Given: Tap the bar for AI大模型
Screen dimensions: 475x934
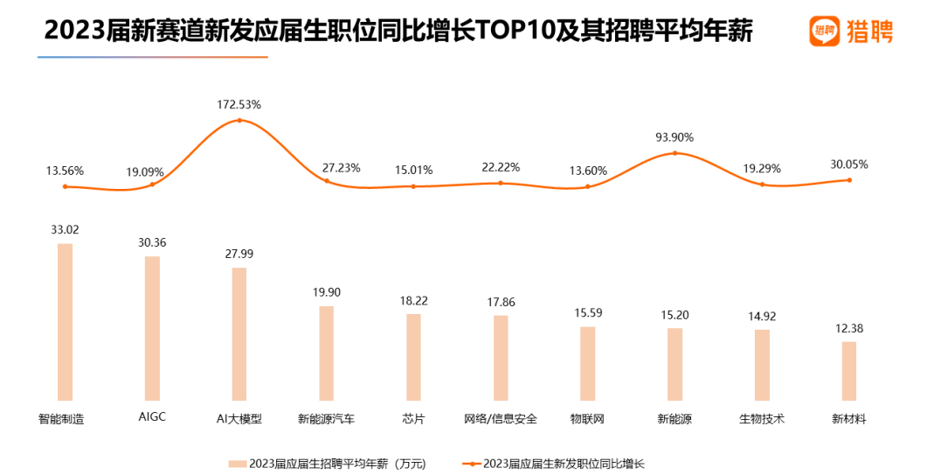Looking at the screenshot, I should click(x=239, y=334).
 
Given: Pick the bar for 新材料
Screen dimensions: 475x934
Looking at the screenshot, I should click(x=848, y=371).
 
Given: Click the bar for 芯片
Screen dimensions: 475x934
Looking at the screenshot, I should click(x=413, y=357).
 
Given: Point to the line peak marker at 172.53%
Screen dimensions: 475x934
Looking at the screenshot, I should click(x=239, y=120).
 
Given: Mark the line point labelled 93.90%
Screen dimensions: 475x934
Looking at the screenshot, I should click(x=675, y=153).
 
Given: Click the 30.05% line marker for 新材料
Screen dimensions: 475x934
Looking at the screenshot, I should click(x=849, y=180).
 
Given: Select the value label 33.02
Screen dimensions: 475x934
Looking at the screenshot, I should click(x=65, y=231).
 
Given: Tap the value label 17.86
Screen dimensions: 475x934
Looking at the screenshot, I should click(x=501, y=303).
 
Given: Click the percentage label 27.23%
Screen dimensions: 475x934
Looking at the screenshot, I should click(x=341, y=167).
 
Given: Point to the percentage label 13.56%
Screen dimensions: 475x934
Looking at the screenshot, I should click(x=65, y=171).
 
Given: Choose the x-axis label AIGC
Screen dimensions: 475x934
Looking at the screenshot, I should click(x=152, y=417).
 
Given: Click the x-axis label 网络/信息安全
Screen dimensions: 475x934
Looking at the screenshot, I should click(x=501, y=419).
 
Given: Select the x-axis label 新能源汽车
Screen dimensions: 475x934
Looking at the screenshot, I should click(x=326, y=419).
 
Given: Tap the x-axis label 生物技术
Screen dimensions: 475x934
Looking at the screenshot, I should click(x=761, y=419).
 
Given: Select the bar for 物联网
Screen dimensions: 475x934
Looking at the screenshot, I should click(x=587, y=364).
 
